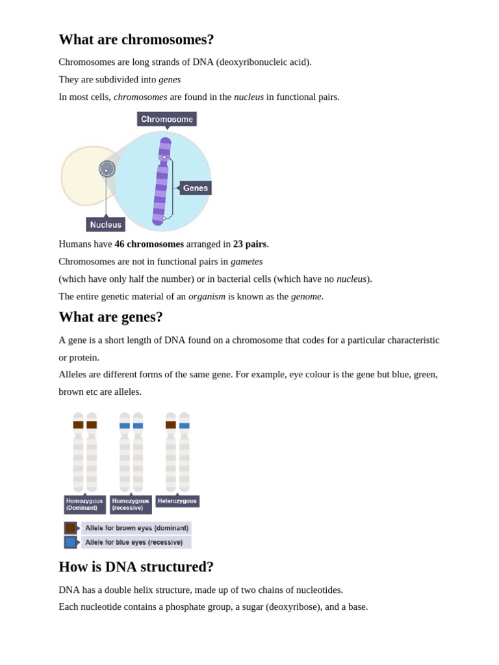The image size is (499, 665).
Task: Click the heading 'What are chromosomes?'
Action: click(136, 40)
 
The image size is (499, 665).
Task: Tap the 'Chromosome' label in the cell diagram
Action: click(167, 119)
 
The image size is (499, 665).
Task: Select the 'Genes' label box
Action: click(196, 188)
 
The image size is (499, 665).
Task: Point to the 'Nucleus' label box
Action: click(105, 225)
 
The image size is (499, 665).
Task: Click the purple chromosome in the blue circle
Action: click(161, 182)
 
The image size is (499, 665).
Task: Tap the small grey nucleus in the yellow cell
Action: click(107, 169)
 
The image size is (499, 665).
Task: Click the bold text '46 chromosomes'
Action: click(149, 244)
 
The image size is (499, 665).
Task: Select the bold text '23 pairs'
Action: click(249, 244)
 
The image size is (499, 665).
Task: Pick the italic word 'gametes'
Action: click(246, 261)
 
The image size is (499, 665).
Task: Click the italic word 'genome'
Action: click(306, 296)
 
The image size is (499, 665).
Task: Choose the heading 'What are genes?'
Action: click(111, 317)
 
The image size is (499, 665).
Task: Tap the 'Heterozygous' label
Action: click(177, 501)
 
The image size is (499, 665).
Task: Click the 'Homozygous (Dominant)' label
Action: click(84, 505)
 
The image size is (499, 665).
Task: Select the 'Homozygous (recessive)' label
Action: click(130, 505)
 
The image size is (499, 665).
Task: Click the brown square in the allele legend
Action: click(71, 528)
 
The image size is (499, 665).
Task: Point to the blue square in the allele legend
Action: click(71, 542)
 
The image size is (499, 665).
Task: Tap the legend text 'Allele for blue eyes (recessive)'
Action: click(134, 542)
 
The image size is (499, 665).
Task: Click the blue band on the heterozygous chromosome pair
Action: click(185, 426)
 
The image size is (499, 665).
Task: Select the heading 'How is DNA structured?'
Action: click(136, 567)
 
